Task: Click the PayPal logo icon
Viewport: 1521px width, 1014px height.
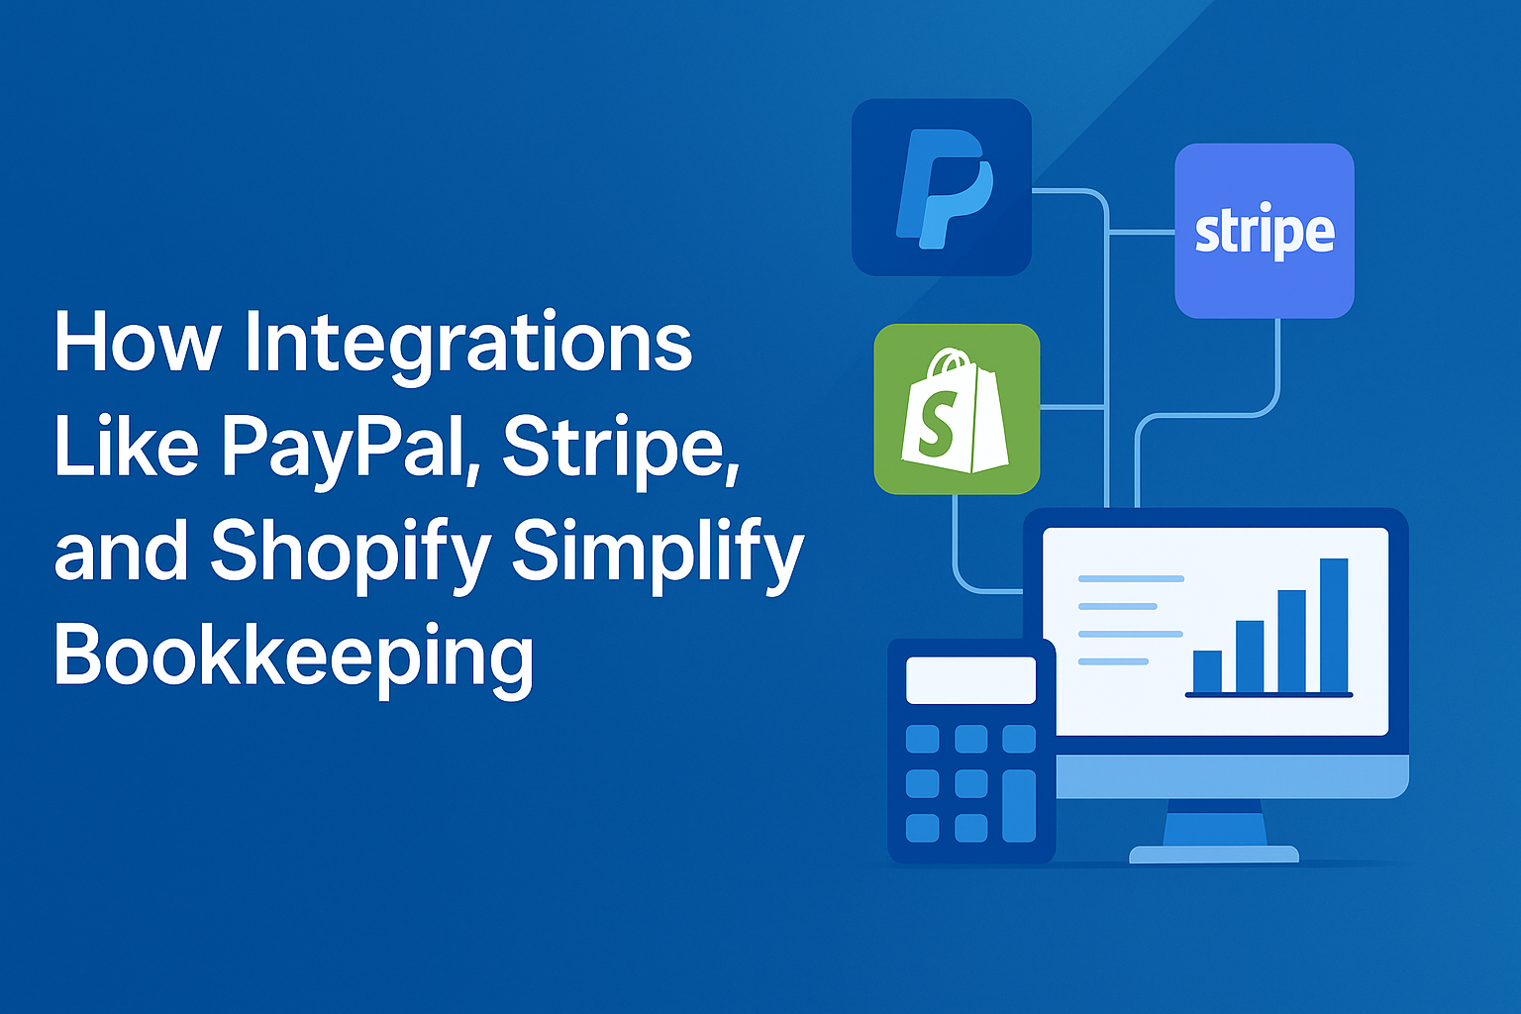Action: pyautogui.click(x=942, y=187)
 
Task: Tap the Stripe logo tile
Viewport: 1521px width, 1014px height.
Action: pyautogui.click(x=1265, y=231)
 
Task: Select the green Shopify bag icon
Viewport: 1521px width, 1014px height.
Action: pyautogui.click(x=957, y=409)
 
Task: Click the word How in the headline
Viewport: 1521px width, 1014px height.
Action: pyautogui.click(x=138, y=341)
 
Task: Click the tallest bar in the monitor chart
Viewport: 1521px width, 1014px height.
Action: pyautogui.click(x=1334, y=626)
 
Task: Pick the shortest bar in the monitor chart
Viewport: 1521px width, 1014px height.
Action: pyautogui.click(x=1207, y=671)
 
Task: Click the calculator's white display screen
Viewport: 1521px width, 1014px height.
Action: pyautogui.click(x=971, y=680)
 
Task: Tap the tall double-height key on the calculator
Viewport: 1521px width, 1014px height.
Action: pyautogui.click(x=1019, y=805)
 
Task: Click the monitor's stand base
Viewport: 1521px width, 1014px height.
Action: pyautogui.click(x=1213, y=855)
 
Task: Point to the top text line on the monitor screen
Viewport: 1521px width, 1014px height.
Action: pyautogui.click(x=1131, y=578)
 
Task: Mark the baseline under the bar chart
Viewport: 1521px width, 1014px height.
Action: pyautogui.click(x=1269, y=695)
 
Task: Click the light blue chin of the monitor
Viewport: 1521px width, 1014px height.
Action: pyautogui.click(x=1232, y=776)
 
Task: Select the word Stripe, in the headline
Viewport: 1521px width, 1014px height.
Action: pyautogui.click(x=621, y=450)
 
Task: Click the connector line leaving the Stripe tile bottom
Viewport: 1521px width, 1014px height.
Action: pyautogui.click(x=1208, y=415)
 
